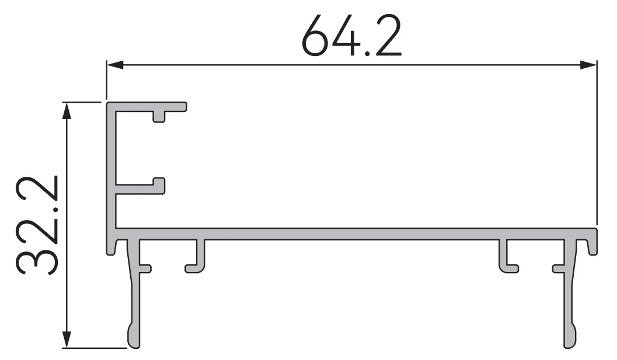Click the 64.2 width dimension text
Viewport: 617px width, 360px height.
(x=352, y=36)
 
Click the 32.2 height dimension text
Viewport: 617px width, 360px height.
(x=37, y=225)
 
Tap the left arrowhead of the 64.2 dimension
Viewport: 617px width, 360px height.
(x=115, y=65)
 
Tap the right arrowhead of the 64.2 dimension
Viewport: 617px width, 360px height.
(x=588, y=65)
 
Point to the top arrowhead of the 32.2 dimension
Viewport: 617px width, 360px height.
(x=67, y=110)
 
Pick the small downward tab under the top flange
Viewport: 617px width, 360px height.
(x=159, y=117)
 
